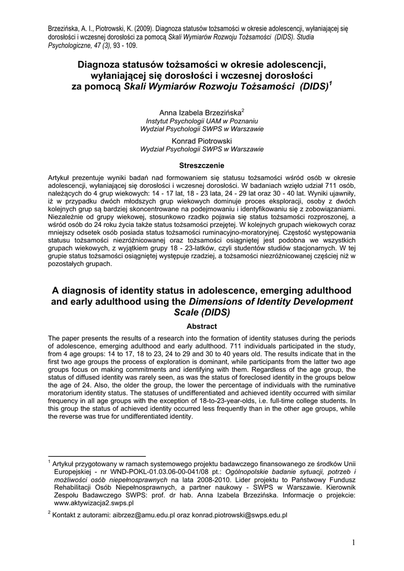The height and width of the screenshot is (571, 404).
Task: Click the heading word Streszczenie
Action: click(x=202, y=166)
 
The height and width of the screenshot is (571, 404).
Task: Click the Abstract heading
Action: click(x=202, y=326)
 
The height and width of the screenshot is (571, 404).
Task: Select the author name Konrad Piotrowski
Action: click(x=202, y=141)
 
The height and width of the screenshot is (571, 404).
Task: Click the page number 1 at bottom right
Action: click(x=354, y=543)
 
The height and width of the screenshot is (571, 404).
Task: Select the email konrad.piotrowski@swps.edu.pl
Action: click(x=240, y=515)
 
